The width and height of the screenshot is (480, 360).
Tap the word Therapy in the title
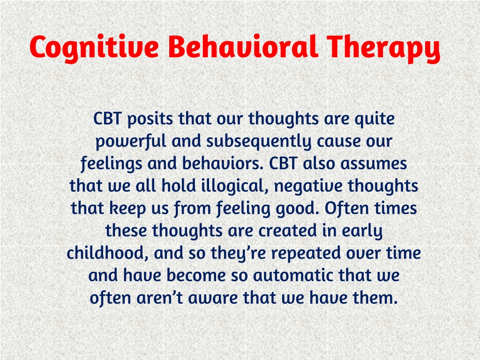(383, 48)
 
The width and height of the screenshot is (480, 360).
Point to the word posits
(150, 119)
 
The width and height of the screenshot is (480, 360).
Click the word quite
(375, 119)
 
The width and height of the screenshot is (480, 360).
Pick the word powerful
(131, 142)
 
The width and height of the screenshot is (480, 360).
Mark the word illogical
(235, 186)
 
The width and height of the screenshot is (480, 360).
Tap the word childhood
(108, 253)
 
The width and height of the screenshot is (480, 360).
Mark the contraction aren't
(159, 297)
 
